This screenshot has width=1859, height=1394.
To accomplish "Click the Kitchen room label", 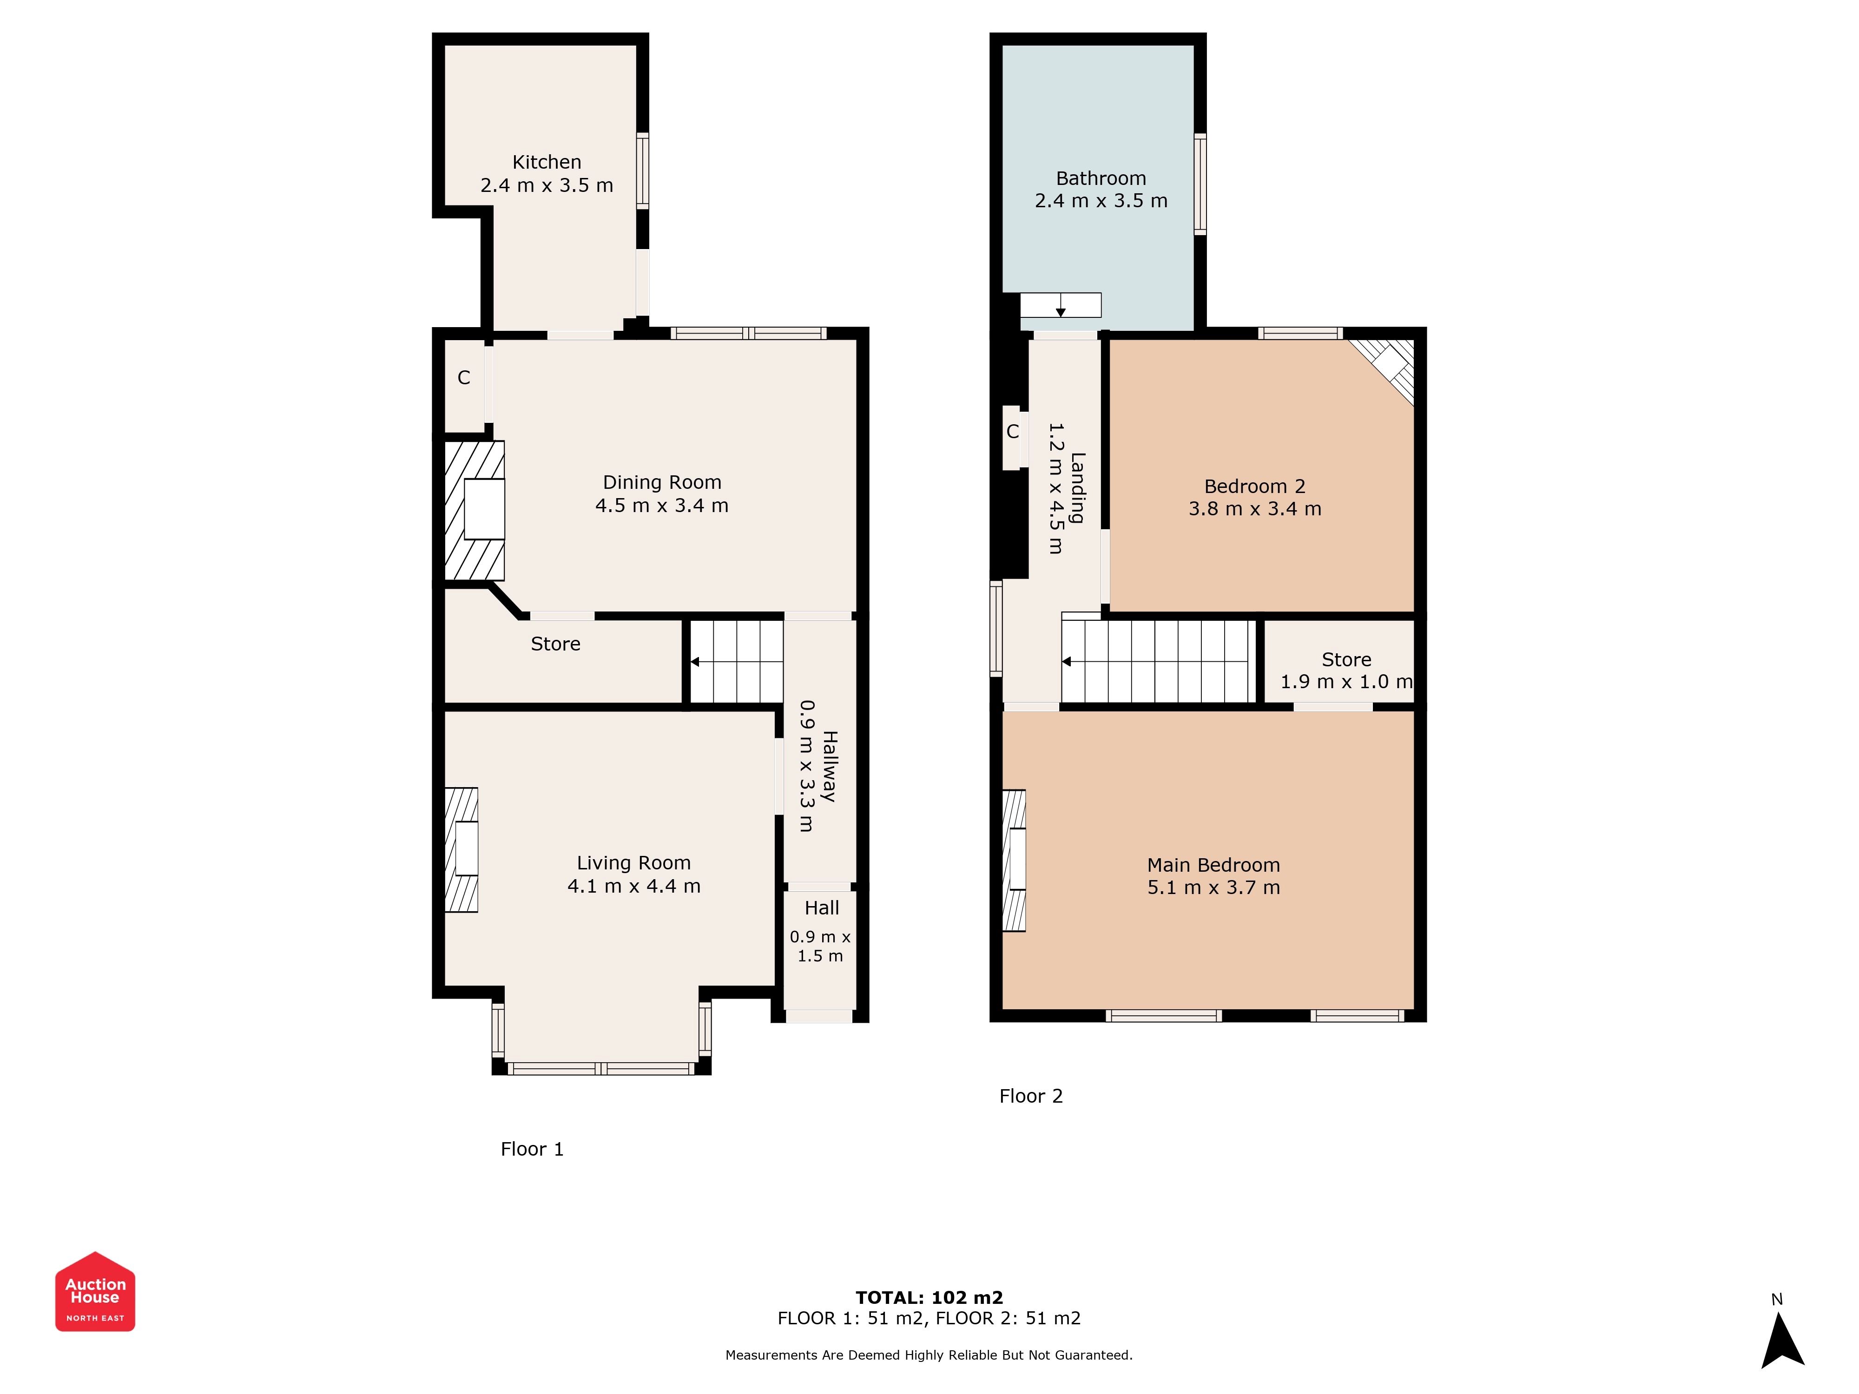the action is pos(547,162).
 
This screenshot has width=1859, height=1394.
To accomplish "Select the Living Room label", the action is pos(633,863).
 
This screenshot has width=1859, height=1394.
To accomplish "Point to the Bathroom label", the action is pos(1101,178).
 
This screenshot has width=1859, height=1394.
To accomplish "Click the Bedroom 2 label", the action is pos(1255,487).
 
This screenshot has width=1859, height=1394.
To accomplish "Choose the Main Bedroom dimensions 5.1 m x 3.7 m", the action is pos(1213,888).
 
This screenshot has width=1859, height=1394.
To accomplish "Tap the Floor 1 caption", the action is pos(532,1149).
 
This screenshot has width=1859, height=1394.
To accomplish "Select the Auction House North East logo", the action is pos(95,1291).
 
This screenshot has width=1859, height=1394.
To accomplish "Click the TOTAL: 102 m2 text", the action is pos(929,1297).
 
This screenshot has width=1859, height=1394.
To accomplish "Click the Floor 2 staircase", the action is pos(1158,661).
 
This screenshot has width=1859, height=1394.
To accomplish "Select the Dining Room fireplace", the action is pos(474,510).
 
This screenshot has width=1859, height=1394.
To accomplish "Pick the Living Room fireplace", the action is pos(461,849).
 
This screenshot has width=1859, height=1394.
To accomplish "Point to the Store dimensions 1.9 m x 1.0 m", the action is pos(1346,682).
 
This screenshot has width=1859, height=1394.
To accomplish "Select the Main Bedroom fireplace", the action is pos(1015,861).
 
